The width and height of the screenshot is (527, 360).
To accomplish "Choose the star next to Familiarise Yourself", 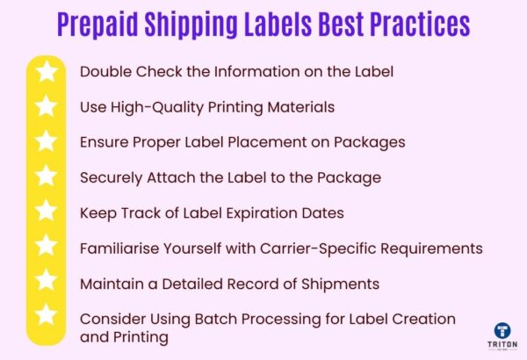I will click(x=47, y=248).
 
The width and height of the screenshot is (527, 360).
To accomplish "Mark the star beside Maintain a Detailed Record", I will click(x=47, y=283).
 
